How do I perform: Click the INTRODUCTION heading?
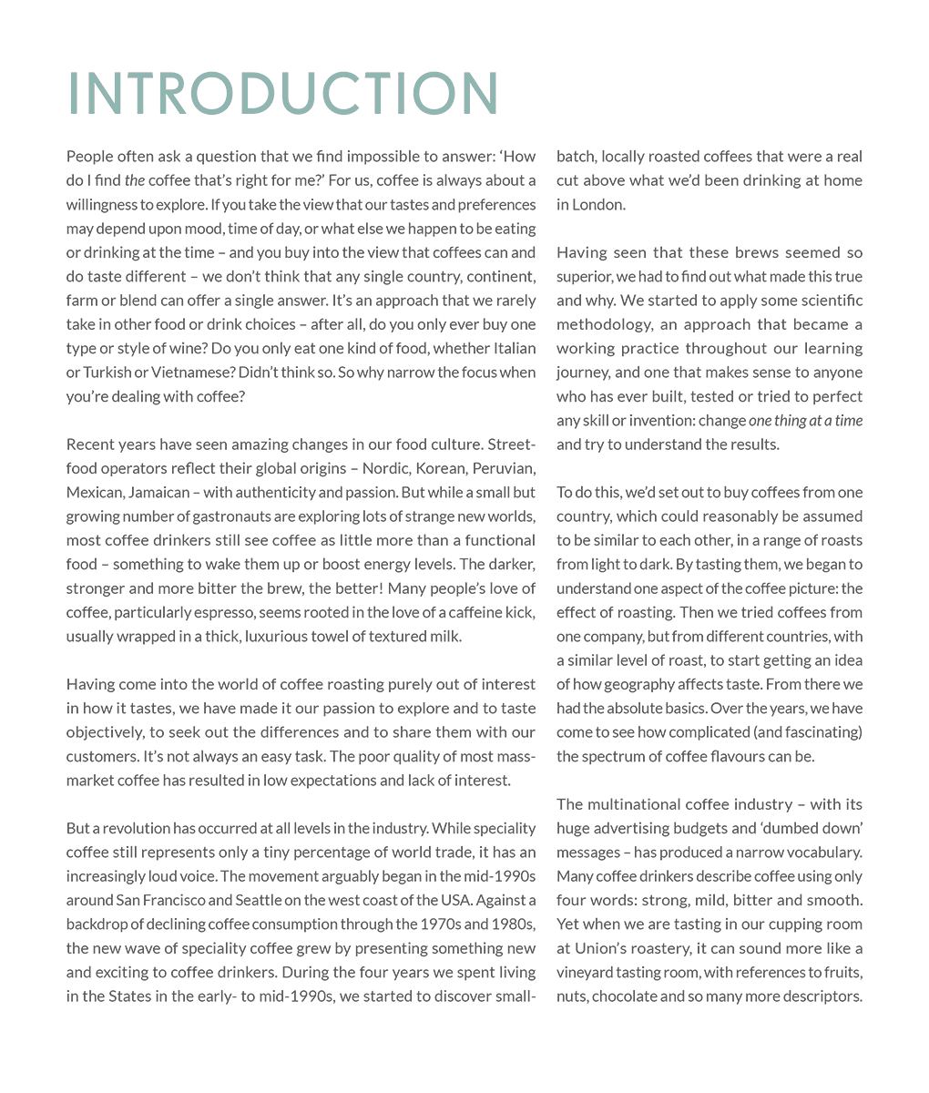[x=283, y=94]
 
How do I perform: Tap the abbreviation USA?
[x=428, y=900]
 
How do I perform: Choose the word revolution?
[x=135, y=828]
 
